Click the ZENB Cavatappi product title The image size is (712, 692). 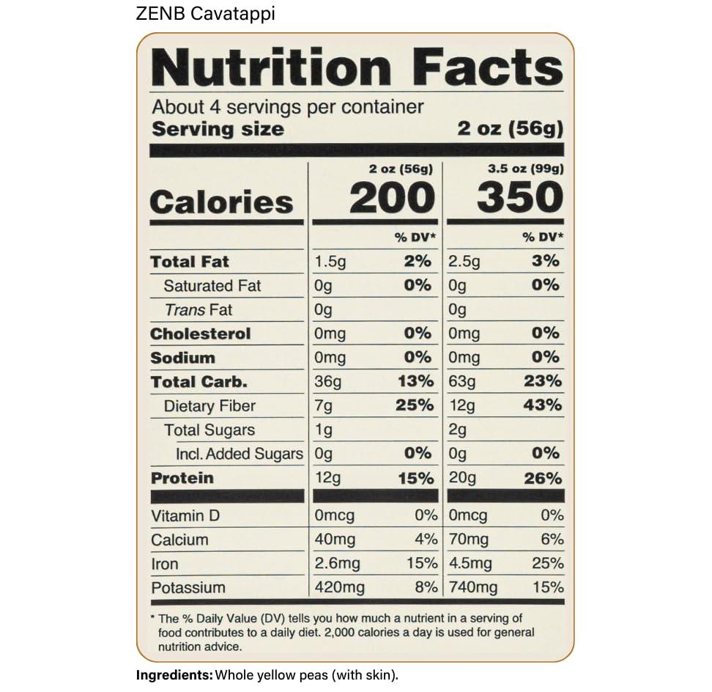[205, 13]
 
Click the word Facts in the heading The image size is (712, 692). [488, 68]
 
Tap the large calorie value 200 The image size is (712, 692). [392, 198]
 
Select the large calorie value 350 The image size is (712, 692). [519, 198]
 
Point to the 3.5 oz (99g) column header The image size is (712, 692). [526, 169]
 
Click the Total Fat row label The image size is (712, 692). [190, 262]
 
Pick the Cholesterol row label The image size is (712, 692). [201, 334]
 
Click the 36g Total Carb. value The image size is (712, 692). [323, 382]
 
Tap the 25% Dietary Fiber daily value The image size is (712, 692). [415, 405]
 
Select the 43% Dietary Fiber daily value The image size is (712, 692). [543, 405]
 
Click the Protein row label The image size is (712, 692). [182, 478]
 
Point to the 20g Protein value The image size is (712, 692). [462, 478]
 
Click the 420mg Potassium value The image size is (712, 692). [335, 587]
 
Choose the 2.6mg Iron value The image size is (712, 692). [337, 564]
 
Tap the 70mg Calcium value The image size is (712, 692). [469, 540]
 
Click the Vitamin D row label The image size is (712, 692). [185, 516]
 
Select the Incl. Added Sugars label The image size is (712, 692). [239, 454]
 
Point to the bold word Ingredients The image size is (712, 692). [174, 674]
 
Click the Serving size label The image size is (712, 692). [218, 130]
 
